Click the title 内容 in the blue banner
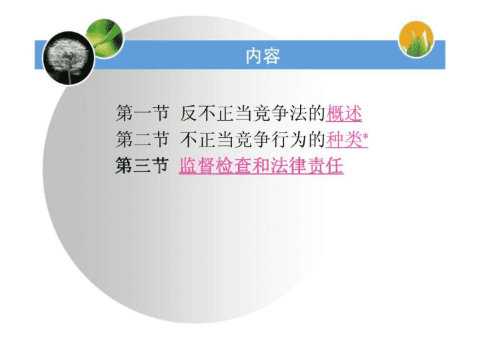(x=263, y=56)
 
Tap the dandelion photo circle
(x=68, y=58)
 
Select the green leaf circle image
(x=105, y=38)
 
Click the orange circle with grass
(x=416, y=39)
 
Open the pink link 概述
(x=344, y=113)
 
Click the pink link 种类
(x=344, y=140)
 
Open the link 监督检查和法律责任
(x=261, y=166)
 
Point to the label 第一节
(x=143, y=113)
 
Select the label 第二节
(x=143, y=139)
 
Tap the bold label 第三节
(x=143, y=165)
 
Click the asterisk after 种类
(x=365, y=135)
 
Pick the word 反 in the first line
(x=188, y=113)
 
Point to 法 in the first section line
(x=298, y=113)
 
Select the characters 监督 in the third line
(x=197, y=166)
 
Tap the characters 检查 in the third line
(x=233, y=166)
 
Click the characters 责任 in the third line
(x=325, y=166)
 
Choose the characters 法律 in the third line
(x=289, y=166)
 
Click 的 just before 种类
(x=317, y=140)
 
